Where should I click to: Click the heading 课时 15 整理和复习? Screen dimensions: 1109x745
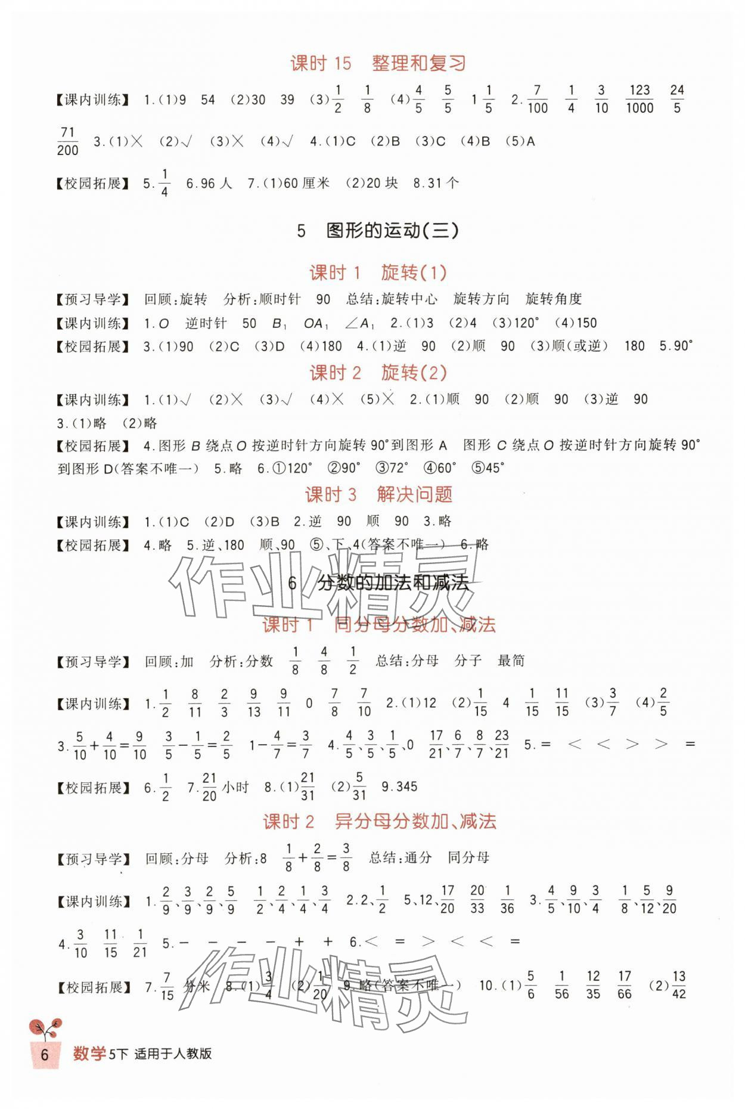(x=377, y=63)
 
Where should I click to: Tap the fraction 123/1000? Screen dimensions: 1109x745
(x=639, y=99)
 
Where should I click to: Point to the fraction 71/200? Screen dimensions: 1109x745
(x=68, y=141)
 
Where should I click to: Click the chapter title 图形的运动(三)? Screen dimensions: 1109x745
(x=378, y=231)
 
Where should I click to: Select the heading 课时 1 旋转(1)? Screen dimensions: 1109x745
(x=378, y=273)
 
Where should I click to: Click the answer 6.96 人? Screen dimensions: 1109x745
(x=209, y=184)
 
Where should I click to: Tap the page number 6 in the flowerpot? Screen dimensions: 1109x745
(x=44, y=1054)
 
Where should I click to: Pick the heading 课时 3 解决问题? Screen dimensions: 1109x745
(x=378, y=494)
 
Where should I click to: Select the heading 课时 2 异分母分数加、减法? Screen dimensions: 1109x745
(x=380, y=822)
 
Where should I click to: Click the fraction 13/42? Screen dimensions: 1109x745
(x=678, y=985)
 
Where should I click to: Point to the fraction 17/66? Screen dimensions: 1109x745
(x=624, y=985)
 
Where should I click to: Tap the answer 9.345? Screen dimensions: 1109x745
(x=399, y=787)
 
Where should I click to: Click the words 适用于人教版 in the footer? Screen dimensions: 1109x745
(x=173, y=1054)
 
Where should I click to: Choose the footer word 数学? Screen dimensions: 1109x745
(x=89, y=1054)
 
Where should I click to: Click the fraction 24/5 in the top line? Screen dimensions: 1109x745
(x=676, y=99)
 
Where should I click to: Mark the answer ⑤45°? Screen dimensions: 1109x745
(x=488, y=468)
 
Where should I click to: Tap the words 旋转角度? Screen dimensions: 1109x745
(x=553, y=299)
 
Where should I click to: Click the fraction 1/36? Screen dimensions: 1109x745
(x=507, y=900)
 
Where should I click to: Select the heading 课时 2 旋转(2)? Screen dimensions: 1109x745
(x=378, y=373)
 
